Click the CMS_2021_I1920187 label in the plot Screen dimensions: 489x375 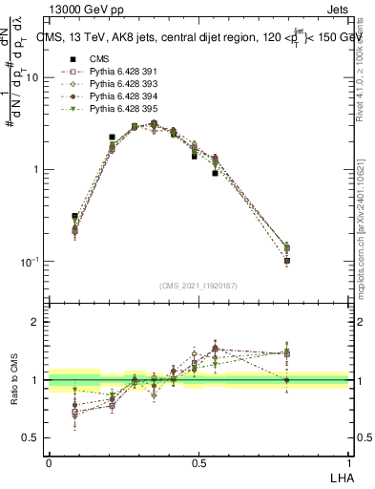pos(198,286)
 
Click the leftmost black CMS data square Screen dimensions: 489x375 pos(74,217)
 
